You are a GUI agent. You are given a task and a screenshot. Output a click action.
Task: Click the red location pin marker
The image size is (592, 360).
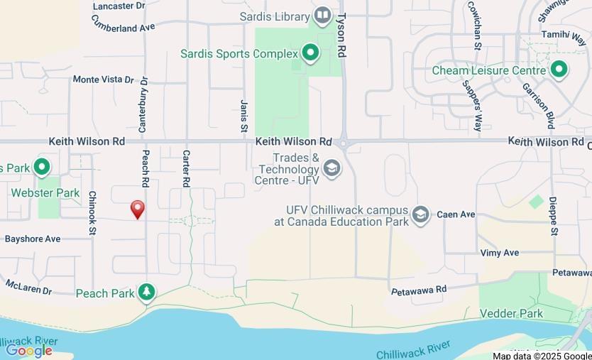coord(138,209)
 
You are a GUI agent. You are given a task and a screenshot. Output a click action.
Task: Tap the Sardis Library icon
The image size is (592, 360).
coord(323,15)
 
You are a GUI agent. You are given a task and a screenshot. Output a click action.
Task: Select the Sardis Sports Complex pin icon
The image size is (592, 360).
coord(309,53)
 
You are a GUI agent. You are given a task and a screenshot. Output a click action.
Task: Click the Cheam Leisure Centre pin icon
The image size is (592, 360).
coord(559,70)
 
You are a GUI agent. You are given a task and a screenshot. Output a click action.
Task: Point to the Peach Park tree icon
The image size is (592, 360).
coord(146,292)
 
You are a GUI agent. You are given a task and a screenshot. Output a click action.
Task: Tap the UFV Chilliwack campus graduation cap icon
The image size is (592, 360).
coord(421,214)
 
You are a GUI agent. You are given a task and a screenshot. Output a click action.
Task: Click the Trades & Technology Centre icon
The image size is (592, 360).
coord(331,168)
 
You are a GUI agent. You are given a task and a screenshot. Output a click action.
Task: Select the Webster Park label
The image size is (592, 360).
coord(45,192)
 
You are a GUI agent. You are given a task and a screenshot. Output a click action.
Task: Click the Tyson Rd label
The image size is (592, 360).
coord(341,35)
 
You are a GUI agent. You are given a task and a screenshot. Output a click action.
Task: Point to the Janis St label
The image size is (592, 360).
coord(243,116)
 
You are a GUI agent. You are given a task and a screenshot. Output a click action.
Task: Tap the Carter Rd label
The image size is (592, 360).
coord(186,168)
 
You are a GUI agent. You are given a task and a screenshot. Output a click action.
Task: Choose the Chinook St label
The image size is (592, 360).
coord(92,212)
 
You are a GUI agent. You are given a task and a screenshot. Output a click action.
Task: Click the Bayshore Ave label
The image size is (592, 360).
coord(33,239)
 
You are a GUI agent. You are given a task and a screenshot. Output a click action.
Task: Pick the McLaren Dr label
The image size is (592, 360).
coord(28,287)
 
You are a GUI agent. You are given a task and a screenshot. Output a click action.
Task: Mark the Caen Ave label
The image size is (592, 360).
coord(456,214)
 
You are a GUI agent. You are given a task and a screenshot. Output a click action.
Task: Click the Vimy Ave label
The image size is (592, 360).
coord(500,253)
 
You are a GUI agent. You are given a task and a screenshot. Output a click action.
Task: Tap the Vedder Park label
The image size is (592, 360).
coord(511,313)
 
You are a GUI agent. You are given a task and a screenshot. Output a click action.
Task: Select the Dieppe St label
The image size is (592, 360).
coord(553,217)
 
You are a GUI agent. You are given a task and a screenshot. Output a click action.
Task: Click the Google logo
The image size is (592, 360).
coord(29,349)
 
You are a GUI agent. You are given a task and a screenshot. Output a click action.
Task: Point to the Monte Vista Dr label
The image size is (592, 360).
coord(103,80)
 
